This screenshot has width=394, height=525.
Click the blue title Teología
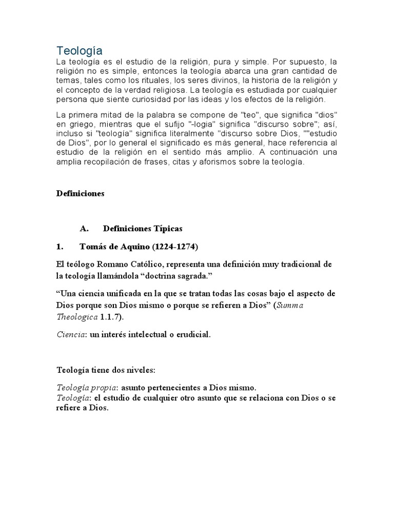pyautogui.click(x=79, y=50)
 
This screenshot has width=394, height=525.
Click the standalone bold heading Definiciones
pyautogui.click(x=80, y=193)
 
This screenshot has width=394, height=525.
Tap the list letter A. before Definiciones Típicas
pyautogui.click(x=85, y=228)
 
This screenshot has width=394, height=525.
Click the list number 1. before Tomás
pyautogui.click(x=60, y=247)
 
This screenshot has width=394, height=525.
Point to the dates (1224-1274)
pyautogui.click(x=174, y=247)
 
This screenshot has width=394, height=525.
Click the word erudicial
pyautogui.click(x=190, y=335)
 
